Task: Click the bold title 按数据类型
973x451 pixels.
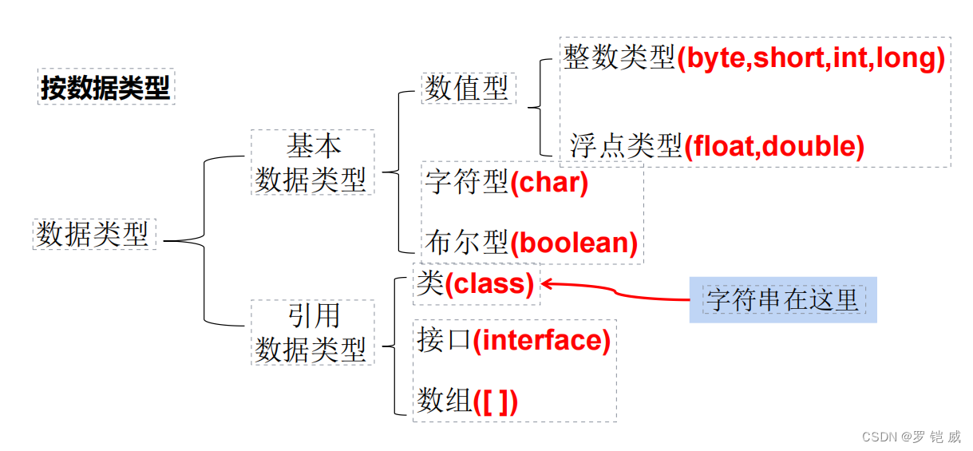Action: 105,88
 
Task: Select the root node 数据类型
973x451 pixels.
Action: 93,235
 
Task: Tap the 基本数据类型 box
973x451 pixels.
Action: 312,163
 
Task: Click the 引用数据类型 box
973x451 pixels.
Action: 312,332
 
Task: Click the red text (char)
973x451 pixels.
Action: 549,183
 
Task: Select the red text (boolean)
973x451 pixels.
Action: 574,243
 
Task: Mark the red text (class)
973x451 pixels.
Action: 489,283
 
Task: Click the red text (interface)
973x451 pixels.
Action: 541,341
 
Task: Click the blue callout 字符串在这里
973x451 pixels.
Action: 782,300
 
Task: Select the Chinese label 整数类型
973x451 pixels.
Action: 619,57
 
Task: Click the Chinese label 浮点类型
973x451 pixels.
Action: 626,146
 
